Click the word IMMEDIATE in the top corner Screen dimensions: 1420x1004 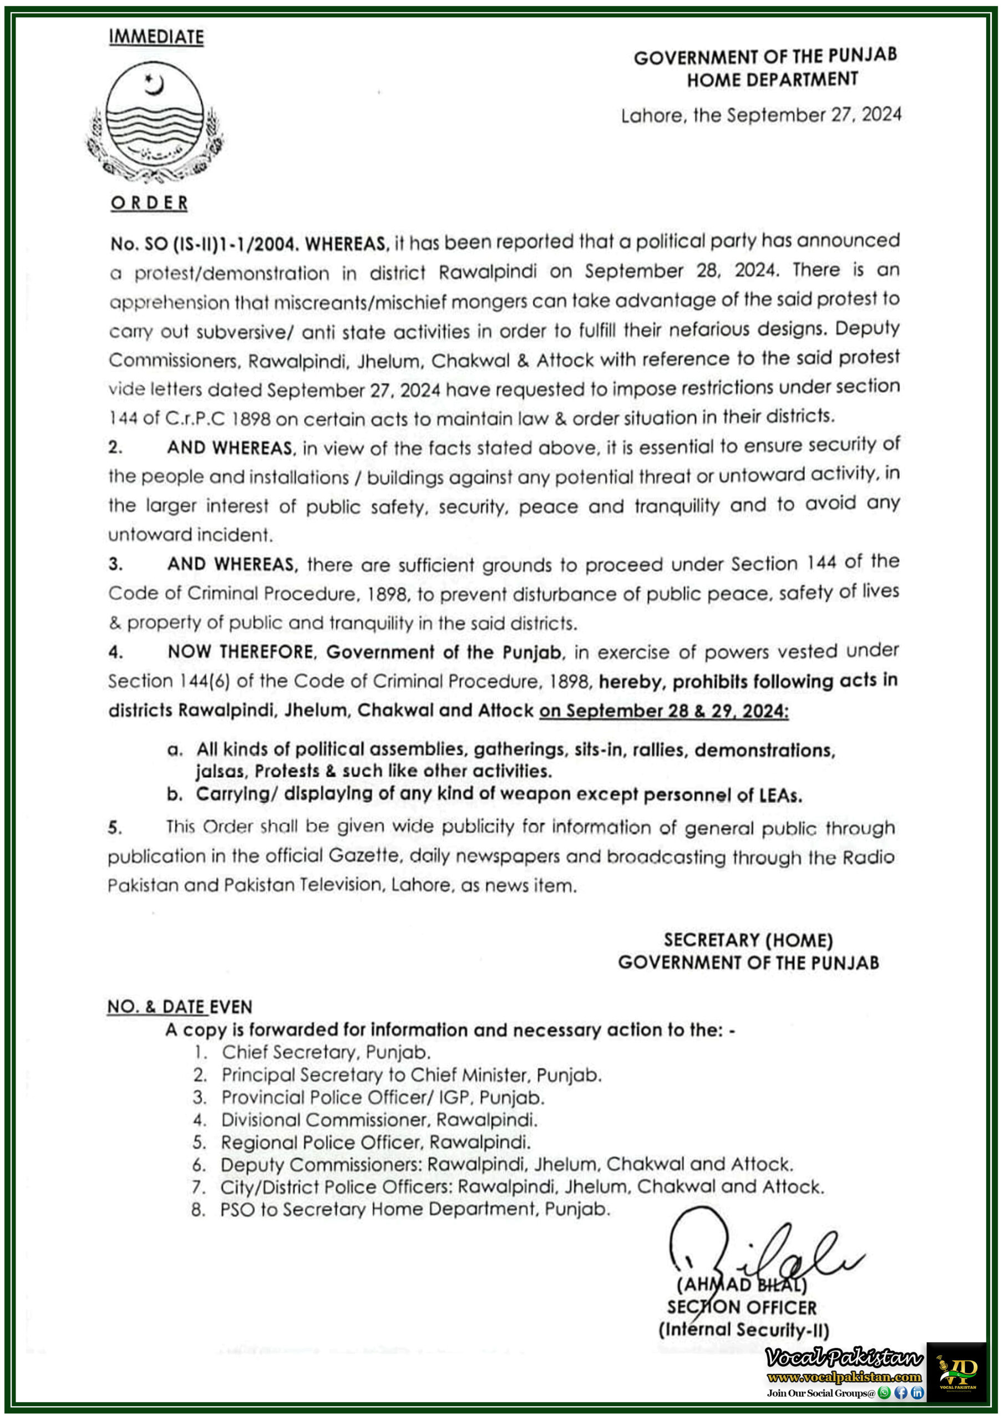coord(156,37)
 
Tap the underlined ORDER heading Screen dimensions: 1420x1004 coord(149,203)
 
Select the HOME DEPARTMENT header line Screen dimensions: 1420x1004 coord(772,80)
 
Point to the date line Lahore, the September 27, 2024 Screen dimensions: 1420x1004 coord(761,115)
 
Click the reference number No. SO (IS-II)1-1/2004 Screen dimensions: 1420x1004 coord(204,244)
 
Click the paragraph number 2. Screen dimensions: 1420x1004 coord(115,447)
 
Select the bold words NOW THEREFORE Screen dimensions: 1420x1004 coord(240,652)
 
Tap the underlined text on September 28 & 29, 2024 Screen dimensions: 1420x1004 coord(664,711)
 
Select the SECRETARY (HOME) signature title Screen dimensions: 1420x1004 coord(748,940)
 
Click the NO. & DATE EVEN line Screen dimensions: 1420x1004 coord(179,1007)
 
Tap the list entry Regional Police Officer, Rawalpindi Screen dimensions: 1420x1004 coord(376,1142)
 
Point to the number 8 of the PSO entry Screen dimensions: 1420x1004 coord(198,1209)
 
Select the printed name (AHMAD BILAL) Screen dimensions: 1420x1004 coord(741,1285)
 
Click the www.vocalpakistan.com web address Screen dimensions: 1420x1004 coord(844,1377)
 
